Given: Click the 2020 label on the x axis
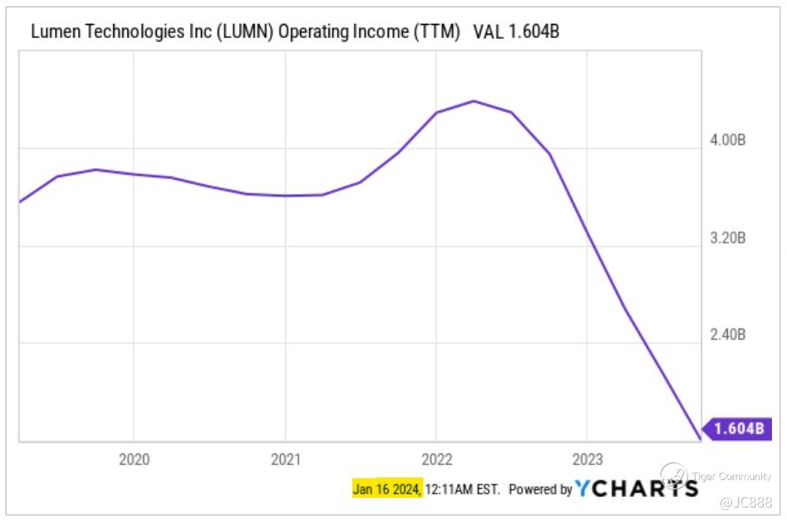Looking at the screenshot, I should point(134,459).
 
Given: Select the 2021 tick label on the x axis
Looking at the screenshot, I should point(285,459).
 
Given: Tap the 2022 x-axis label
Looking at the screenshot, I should point(436,459).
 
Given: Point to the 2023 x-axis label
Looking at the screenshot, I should point(588,459).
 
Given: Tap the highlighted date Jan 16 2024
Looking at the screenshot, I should point(386,489).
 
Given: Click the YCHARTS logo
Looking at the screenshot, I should point(636,488).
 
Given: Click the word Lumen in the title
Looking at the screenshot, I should point(51,32).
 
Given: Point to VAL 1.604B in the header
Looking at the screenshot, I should point(517,32).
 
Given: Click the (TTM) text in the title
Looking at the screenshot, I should point(436,32).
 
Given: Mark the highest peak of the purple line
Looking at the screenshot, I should point(474,101).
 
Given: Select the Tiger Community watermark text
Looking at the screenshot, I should point(732,477).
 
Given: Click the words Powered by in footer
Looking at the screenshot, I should point(540,489).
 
